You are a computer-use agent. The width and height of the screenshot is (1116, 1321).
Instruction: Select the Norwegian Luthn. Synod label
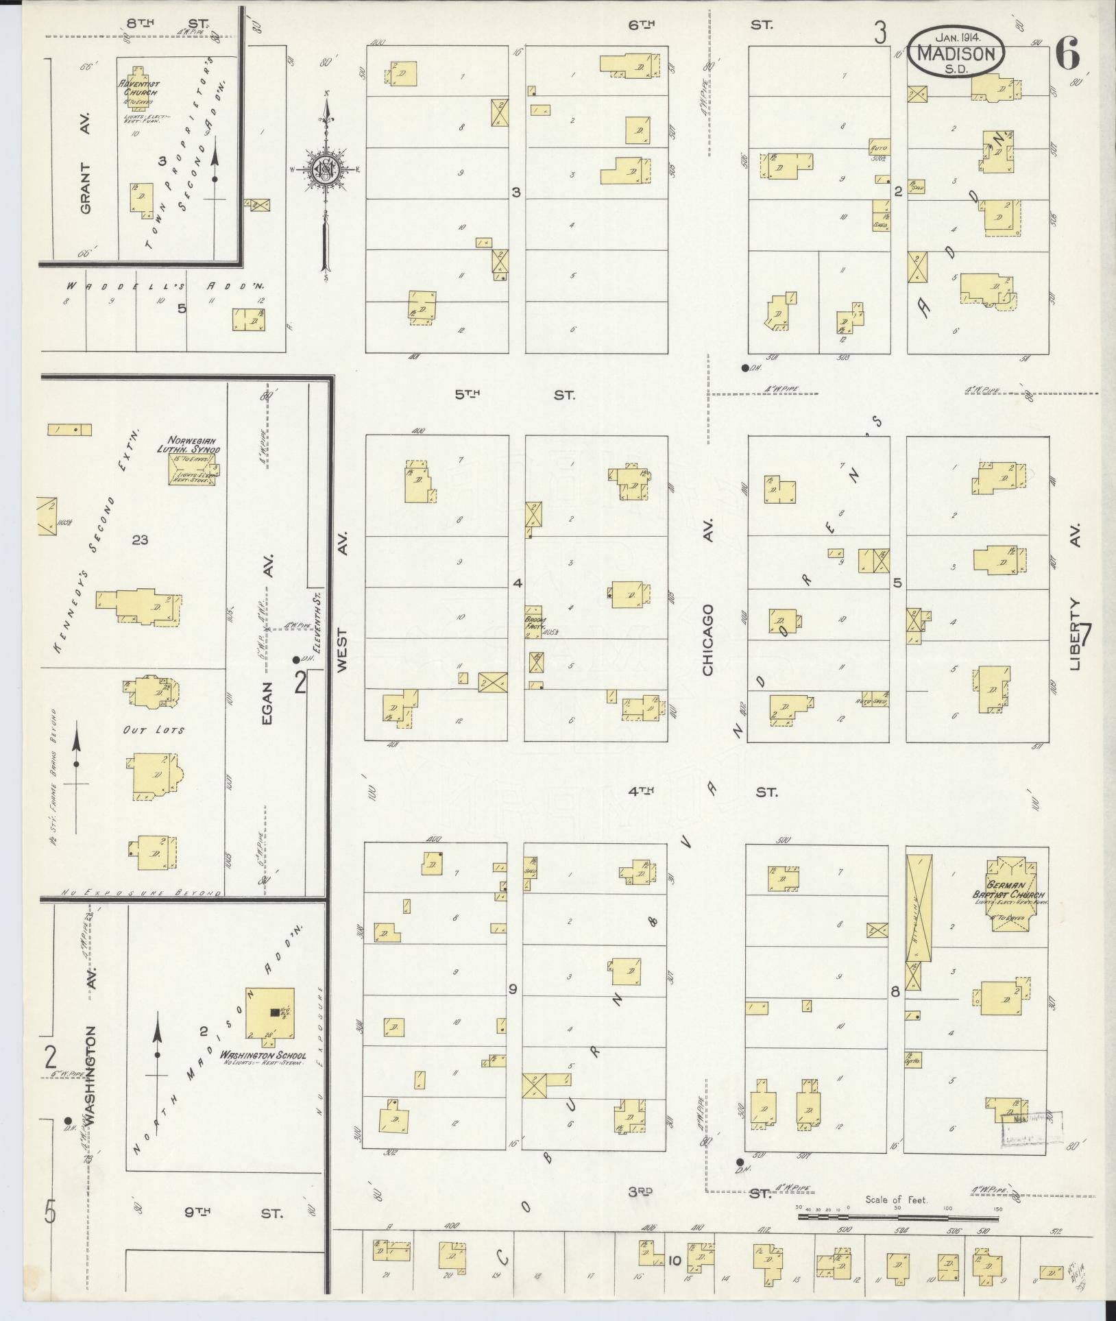click(192, 445)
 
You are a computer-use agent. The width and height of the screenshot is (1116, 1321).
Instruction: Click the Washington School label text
click(263, 1055)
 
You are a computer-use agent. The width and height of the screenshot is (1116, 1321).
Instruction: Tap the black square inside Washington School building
click(275, 1011)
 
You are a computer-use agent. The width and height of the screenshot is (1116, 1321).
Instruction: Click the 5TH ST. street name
click(514, 396)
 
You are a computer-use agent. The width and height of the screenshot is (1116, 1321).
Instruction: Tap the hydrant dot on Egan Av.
click(295, 660)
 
